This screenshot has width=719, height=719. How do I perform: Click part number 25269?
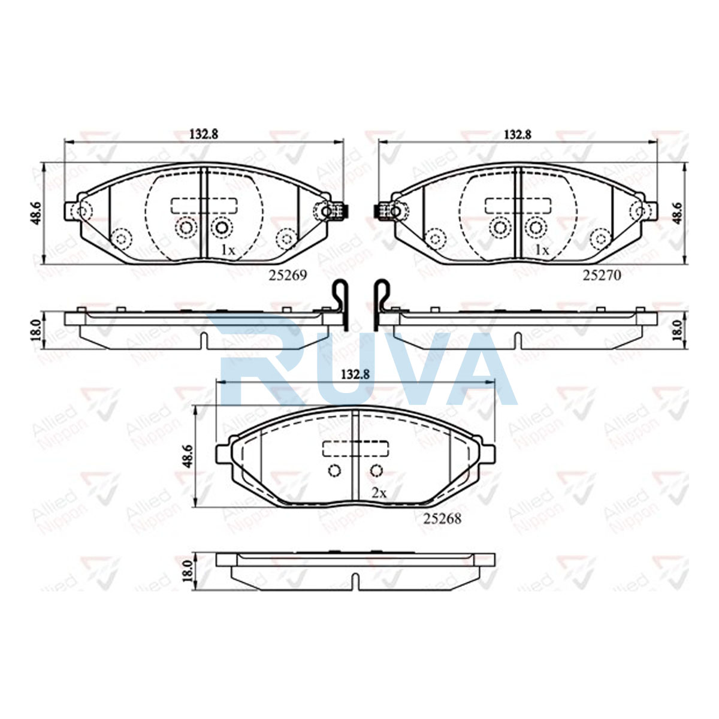288,275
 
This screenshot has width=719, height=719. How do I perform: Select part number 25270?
602,275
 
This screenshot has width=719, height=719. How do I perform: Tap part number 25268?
442,519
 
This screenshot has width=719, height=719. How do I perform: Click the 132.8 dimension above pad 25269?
204,134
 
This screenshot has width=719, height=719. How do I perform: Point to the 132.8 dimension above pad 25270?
518,134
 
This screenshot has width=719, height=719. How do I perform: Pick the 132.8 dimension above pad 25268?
355,374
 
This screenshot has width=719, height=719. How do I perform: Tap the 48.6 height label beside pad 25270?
678,213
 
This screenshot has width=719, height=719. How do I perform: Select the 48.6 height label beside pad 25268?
187,456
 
